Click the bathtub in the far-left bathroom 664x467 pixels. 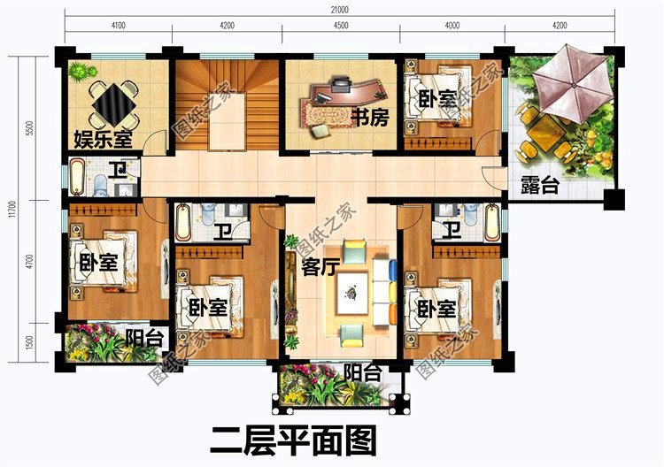(77, 176)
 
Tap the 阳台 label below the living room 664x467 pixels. (362, 374)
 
